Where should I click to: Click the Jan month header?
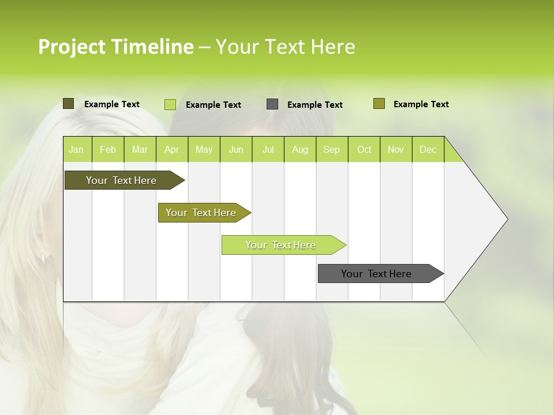tap(76, 149)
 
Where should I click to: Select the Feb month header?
tap(108, 149)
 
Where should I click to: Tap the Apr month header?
tap(171, 149)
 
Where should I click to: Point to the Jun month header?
tap(236, 149)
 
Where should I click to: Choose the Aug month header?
tap(300, 149)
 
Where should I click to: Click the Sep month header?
tap(331, 149)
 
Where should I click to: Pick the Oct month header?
tap(364, 149)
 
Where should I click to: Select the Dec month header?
tap(428, 149)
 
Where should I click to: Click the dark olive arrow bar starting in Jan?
tap(122, 180)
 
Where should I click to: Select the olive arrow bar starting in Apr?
tap(201, 213)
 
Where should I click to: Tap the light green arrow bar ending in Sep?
tap(281, 245)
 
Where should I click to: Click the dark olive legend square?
tap(69, 104)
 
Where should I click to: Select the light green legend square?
tap(170, 104)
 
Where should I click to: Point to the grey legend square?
tap(272, 104)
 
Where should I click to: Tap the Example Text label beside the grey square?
tap(315, 105)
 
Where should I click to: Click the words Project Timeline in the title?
tap(115, 47)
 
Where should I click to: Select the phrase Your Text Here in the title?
tap(285, 47)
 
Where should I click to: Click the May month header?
tap(204, 149)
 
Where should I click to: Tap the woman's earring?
tap(42, 259)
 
